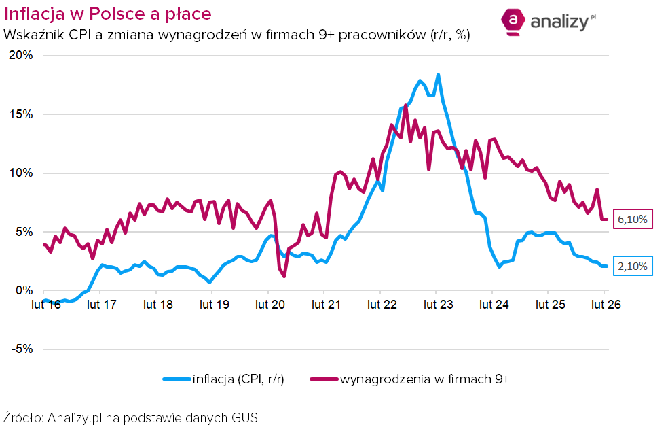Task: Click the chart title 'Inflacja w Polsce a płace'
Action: tap(107, 13)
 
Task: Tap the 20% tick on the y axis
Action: tap(20, 56)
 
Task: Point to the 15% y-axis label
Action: tap(20, 114)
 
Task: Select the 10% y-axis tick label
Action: tap(20, 173)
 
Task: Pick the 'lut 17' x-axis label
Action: tap(101, 305)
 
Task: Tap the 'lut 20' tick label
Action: tap(270, 305)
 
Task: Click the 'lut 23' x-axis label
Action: tap(438, 305)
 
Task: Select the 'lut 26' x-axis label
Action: tap(605, 305)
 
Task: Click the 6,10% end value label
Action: tap(634, 220)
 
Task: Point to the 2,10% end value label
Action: tap(634, 267)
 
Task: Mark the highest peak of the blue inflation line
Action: tap(439, 75)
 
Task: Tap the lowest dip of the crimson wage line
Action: tap(284, 276)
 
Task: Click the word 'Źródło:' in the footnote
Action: tap(23, 417)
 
